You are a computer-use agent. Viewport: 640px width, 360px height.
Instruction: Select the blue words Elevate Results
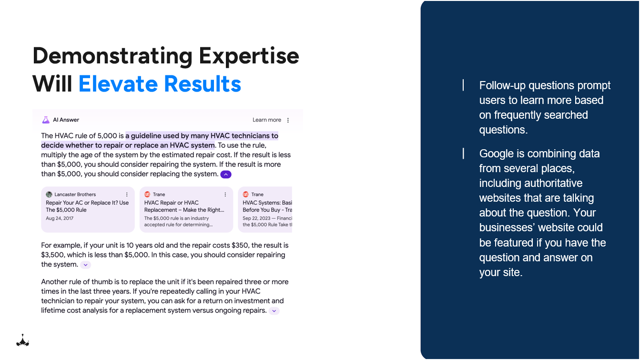coord(160,84)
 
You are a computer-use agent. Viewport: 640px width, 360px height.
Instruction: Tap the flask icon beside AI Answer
coord(46,120)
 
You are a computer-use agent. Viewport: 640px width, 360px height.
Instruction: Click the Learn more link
coord(266,120)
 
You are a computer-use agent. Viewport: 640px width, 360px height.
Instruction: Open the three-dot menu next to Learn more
coord(288,120)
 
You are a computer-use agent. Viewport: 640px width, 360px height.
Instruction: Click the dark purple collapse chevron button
coord(226,175)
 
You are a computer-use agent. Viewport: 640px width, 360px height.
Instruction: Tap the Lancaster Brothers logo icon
coord(49,195)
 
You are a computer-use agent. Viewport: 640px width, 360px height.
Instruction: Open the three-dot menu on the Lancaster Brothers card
coord(127,195)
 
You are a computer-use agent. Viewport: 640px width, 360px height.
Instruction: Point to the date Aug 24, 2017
coord(60,218)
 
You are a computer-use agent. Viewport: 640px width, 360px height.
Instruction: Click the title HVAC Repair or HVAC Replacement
coord(172,203)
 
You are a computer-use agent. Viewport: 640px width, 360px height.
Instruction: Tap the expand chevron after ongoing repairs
coord(274,311)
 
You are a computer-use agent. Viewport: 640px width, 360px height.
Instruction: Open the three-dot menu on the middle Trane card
coord(225,195)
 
